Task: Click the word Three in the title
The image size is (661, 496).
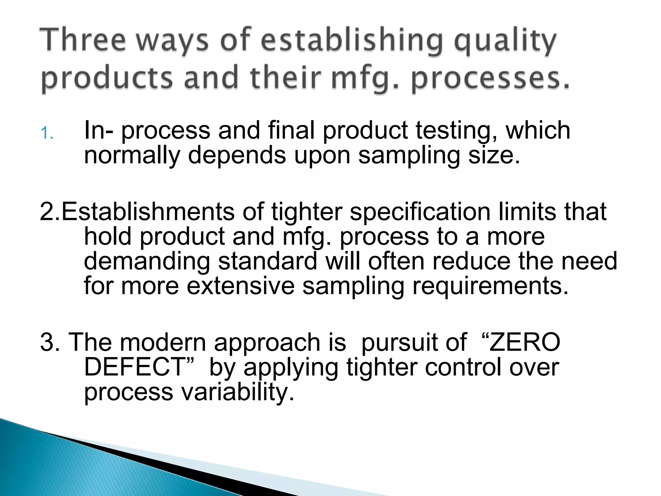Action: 83,40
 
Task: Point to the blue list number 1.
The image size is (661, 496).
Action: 47,133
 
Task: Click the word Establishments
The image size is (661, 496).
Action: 148,212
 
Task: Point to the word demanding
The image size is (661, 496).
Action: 147,262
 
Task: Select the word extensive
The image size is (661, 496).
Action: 240,286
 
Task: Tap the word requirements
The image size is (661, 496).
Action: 490,287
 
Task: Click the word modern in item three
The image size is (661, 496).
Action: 163,342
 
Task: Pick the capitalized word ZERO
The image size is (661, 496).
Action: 525,342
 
